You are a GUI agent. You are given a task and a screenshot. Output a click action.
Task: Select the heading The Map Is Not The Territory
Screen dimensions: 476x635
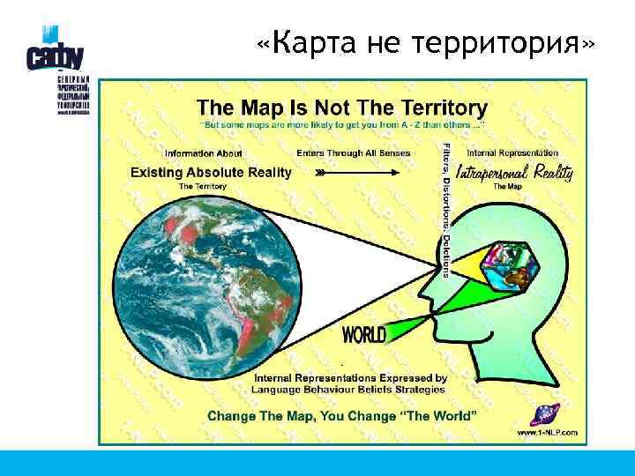(x=341, y=108)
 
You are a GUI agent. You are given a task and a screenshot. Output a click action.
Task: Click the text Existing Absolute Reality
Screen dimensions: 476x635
(x=210, y=172)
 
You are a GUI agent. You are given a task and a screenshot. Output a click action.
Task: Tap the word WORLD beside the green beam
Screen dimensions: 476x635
(x=363, y=335)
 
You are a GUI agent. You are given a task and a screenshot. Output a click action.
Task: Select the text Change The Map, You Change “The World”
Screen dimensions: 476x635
(x=343, y=414)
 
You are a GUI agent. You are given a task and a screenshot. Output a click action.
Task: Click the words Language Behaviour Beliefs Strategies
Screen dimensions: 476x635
(x=348, y=389)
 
